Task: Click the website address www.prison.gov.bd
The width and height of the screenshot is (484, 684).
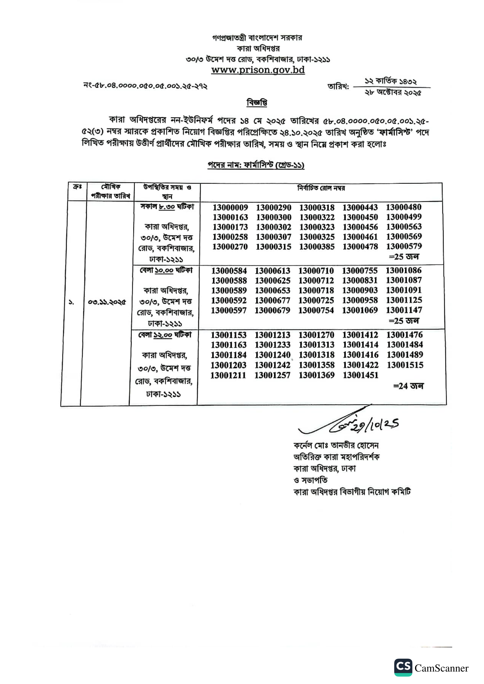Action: [x=258, y=70]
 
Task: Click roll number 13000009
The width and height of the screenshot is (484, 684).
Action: [x=230, y=208]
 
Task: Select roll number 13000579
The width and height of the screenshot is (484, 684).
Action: [x=404, y=246]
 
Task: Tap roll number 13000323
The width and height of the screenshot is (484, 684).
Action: [x=317, y=227]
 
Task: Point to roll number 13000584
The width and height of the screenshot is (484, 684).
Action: [x=229, y=271]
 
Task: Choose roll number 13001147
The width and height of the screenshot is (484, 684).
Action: [x=404, y=310]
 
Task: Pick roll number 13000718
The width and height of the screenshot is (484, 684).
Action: [x=316, y=290]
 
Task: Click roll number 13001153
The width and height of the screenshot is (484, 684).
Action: [x=229, y=335]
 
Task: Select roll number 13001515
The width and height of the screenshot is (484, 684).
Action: [x=405, y=365]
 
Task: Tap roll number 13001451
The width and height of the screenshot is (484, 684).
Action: [x=360, y=375]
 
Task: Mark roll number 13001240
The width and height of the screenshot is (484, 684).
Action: [x=272, y=355]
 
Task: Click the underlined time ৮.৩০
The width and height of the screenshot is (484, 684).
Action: [x=167, y=207]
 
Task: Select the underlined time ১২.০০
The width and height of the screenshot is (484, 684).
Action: [x=163, y=335]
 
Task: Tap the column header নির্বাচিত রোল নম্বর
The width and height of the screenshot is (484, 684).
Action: [x=321, y=188]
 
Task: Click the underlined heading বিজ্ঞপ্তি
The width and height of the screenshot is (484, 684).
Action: [x=257, y=103]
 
